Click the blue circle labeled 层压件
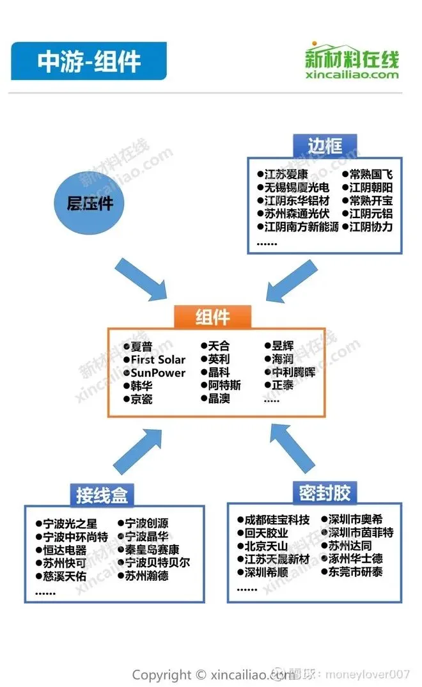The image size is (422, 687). pyautogui.click(x=90, y=203)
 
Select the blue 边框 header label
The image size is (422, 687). pyautogui.click(x=325, y=145)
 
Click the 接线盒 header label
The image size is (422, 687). pyautogui.click(x=102, y=494)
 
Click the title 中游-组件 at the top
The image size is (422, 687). pyautogui.click(x=89, y=61)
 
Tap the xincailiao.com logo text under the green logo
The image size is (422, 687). pyautogui.click(x=352, y=75)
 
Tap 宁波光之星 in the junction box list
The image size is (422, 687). pyautogui.click(x=70, y=524)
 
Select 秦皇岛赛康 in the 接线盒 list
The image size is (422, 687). pyautogui.click(x=152, y=549)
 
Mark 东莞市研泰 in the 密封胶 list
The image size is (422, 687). pyautogui.click(x=356, y=572)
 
